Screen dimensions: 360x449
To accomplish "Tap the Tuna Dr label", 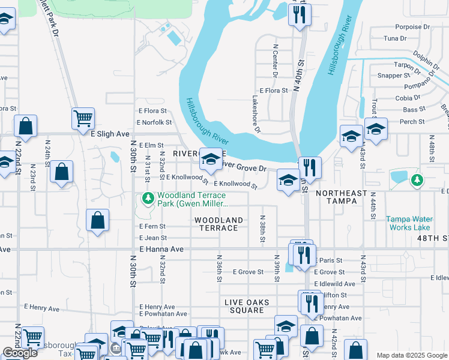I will tap(395, 38).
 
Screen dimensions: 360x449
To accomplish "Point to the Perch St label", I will tap(412, 122).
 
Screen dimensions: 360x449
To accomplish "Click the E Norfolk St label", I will tap(154, 122).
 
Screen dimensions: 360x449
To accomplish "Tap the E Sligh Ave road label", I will tap(110, 134).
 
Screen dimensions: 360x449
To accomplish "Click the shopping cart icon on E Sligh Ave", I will tap(83, 118).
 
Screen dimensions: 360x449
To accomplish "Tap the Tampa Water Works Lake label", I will tap(408, 223).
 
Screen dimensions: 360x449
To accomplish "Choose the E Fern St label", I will tap(152, 226).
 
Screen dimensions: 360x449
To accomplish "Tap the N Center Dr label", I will tap(275, 60).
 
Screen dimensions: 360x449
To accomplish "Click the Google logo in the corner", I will tap(20, 353).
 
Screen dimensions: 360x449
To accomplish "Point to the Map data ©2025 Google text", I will tap(411, 355).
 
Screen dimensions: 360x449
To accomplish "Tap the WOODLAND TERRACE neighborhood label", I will tap(218, 224).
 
